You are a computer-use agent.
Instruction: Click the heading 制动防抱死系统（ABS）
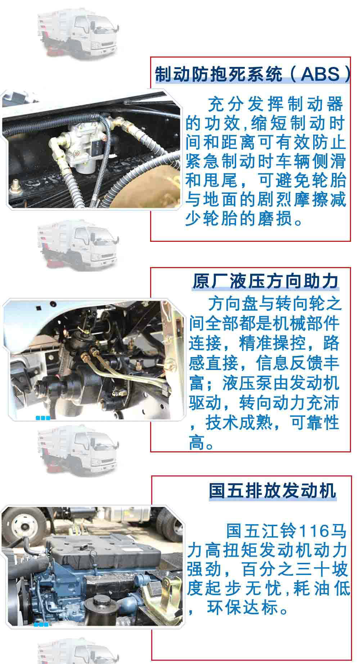tap(252, 74)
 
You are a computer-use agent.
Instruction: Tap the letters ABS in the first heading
tap(320, 74)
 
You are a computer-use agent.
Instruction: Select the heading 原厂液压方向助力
tap(265, 281)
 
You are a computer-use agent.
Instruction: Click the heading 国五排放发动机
tap(273, 490)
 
